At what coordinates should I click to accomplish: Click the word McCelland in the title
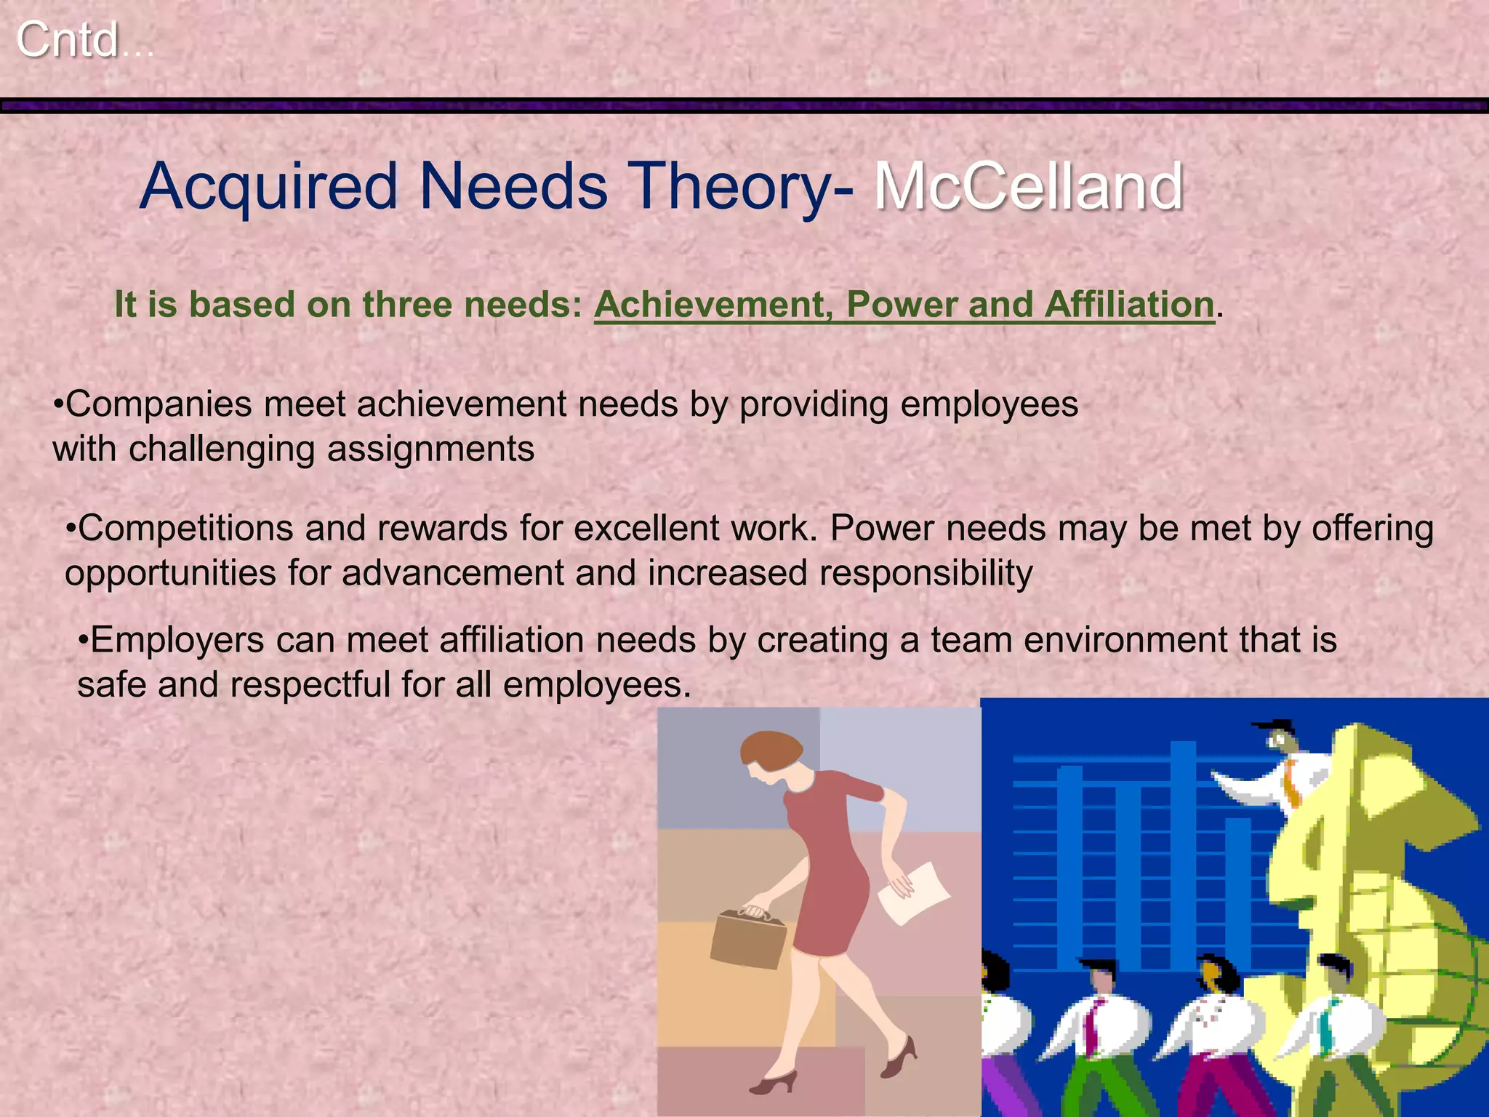tap(1028, 186)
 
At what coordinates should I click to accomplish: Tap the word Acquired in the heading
tap(269, 188)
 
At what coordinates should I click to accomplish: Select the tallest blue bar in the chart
tap(1183, 851)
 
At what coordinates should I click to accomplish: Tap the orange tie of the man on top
tap(1291, 782)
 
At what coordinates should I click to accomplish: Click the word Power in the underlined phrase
tap(901, 304)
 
